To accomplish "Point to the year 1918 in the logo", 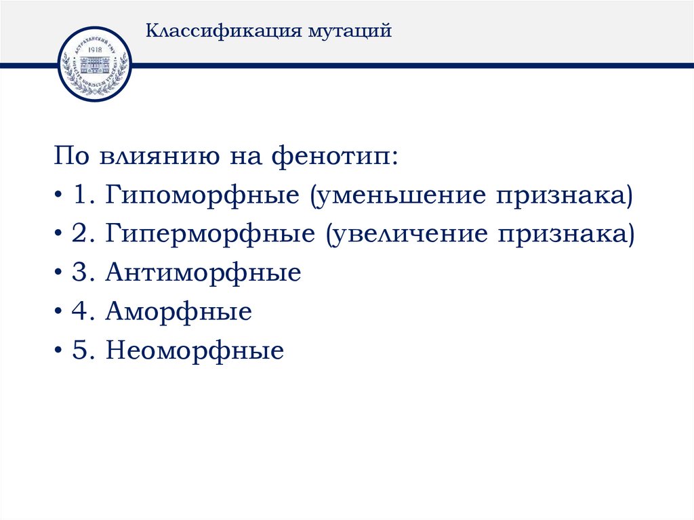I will coord(94,50).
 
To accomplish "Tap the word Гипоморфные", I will coord(202,197).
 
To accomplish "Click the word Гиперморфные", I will coord(209,235).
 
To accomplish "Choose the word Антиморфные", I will coord(203,274).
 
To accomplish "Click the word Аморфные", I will coord(178,313).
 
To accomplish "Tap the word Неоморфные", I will coord(195,351).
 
